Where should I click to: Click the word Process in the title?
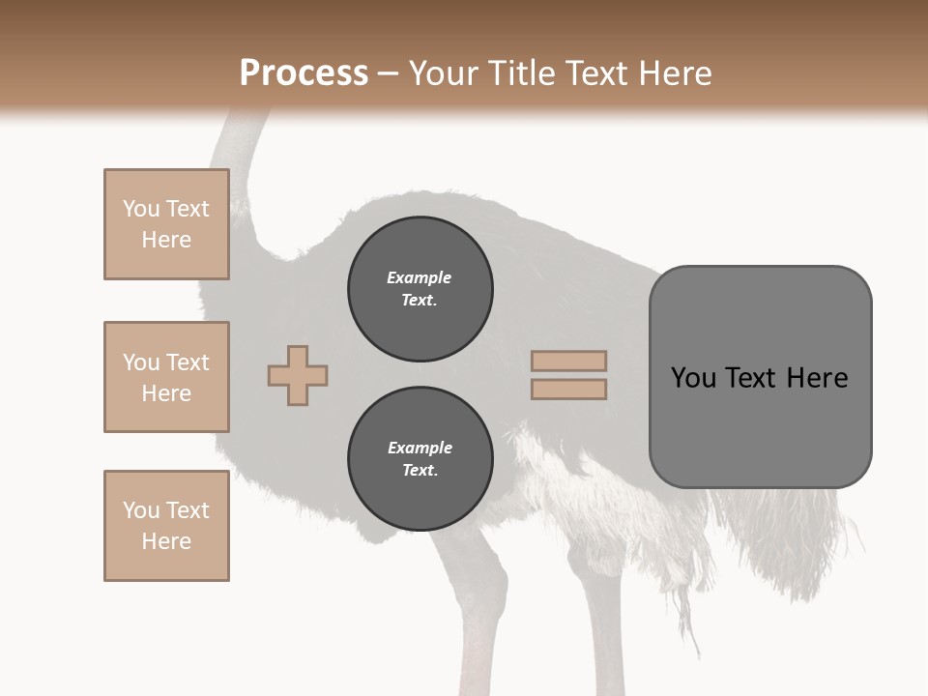point(304,72)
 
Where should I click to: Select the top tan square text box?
point(166,224)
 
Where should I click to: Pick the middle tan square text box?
point(166,377)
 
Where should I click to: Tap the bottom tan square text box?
point(166,526)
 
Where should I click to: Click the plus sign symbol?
point(298,376)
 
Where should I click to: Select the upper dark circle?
point(420,289)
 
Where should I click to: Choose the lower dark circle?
point(420,459)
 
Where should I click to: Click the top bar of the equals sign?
point(569,361)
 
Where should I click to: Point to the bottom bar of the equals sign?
point(569,390)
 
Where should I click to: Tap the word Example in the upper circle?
point(420,277)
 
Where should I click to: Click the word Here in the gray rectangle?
point(817,378)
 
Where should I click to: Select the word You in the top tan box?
point(140,209)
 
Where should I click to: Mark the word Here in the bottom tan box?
point(166,541)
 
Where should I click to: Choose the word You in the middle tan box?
point(140,362)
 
